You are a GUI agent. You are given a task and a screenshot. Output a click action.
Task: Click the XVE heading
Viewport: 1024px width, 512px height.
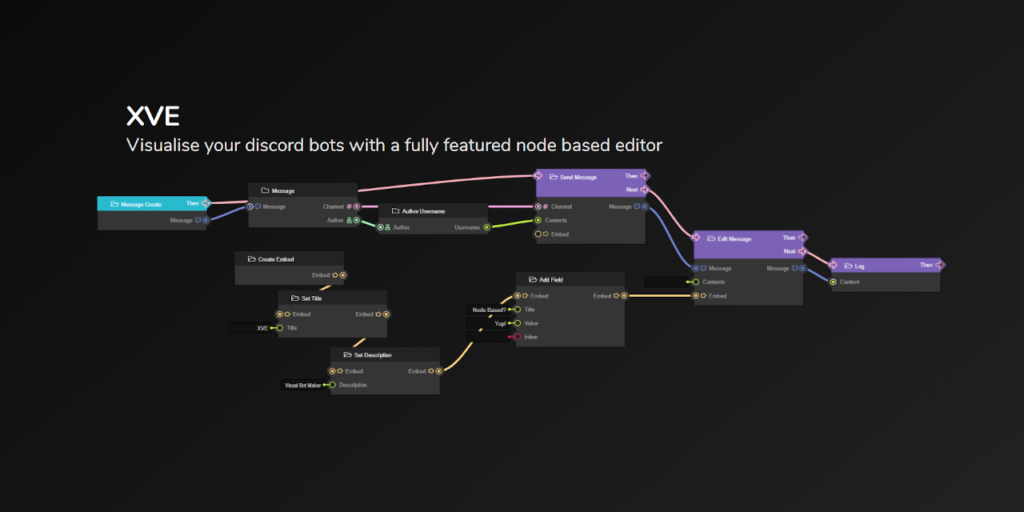point(153,117)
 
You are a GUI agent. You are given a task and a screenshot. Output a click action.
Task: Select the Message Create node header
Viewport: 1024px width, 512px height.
point(141,205)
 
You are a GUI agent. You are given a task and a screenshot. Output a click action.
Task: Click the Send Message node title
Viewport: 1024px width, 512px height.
point(578,177)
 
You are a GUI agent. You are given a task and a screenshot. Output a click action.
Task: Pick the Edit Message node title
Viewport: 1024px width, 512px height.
point(734,238)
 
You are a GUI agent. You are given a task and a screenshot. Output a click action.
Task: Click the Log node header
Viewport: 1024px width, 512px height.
point(859,266)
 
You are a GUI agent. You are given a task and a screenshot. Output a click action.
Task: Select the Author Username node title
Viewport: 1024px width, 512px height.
point(423,211)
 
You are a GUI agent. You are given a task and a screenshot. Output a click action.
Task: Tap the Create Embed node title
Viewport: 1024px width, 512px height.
point(276,259)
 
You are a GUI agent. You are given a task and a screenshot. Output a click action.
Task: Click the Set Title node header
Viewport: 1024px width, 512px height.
point(311,298)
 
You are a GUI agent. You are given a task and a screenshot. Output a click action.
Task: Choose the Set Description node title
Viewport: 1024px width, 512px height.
point(373,354)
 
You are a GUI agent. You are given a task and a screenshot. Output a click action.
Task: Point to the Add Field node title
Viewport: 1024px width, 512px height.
point(551,280)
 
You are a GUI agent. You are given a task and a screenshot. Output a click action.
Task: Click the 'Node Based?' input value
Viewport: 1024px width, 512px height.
point(489,310)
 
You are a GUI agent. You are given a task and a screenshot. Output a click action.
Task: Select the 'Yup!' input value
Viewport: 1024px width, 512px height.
point(500,323)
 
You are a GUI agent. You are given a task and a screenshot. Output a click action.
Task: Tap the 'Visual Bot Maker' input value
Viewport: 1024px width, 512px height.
point(302,385)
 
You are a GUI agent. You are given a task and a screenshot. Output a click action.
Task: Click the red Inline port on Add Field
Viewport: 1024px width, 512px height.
point(518,337)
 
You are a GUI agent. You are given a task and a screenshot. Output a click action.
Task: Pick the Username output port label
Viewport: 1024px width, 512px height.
point(467,227)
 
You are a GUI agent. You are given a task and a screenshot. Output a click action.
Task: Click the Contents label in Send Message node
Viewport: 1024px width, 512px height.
point(556,220)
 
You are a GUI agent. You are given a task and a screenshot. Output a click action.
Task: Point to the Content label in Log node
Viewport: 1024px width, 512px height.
point(850,282)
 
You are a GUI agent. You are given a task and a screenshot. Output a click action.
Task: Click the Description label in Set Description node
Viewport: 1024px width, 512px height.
point(353,385)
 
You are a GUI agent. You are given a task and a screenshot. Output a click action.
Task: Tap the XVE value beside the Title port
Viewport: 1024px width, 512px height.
point(262,328)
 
